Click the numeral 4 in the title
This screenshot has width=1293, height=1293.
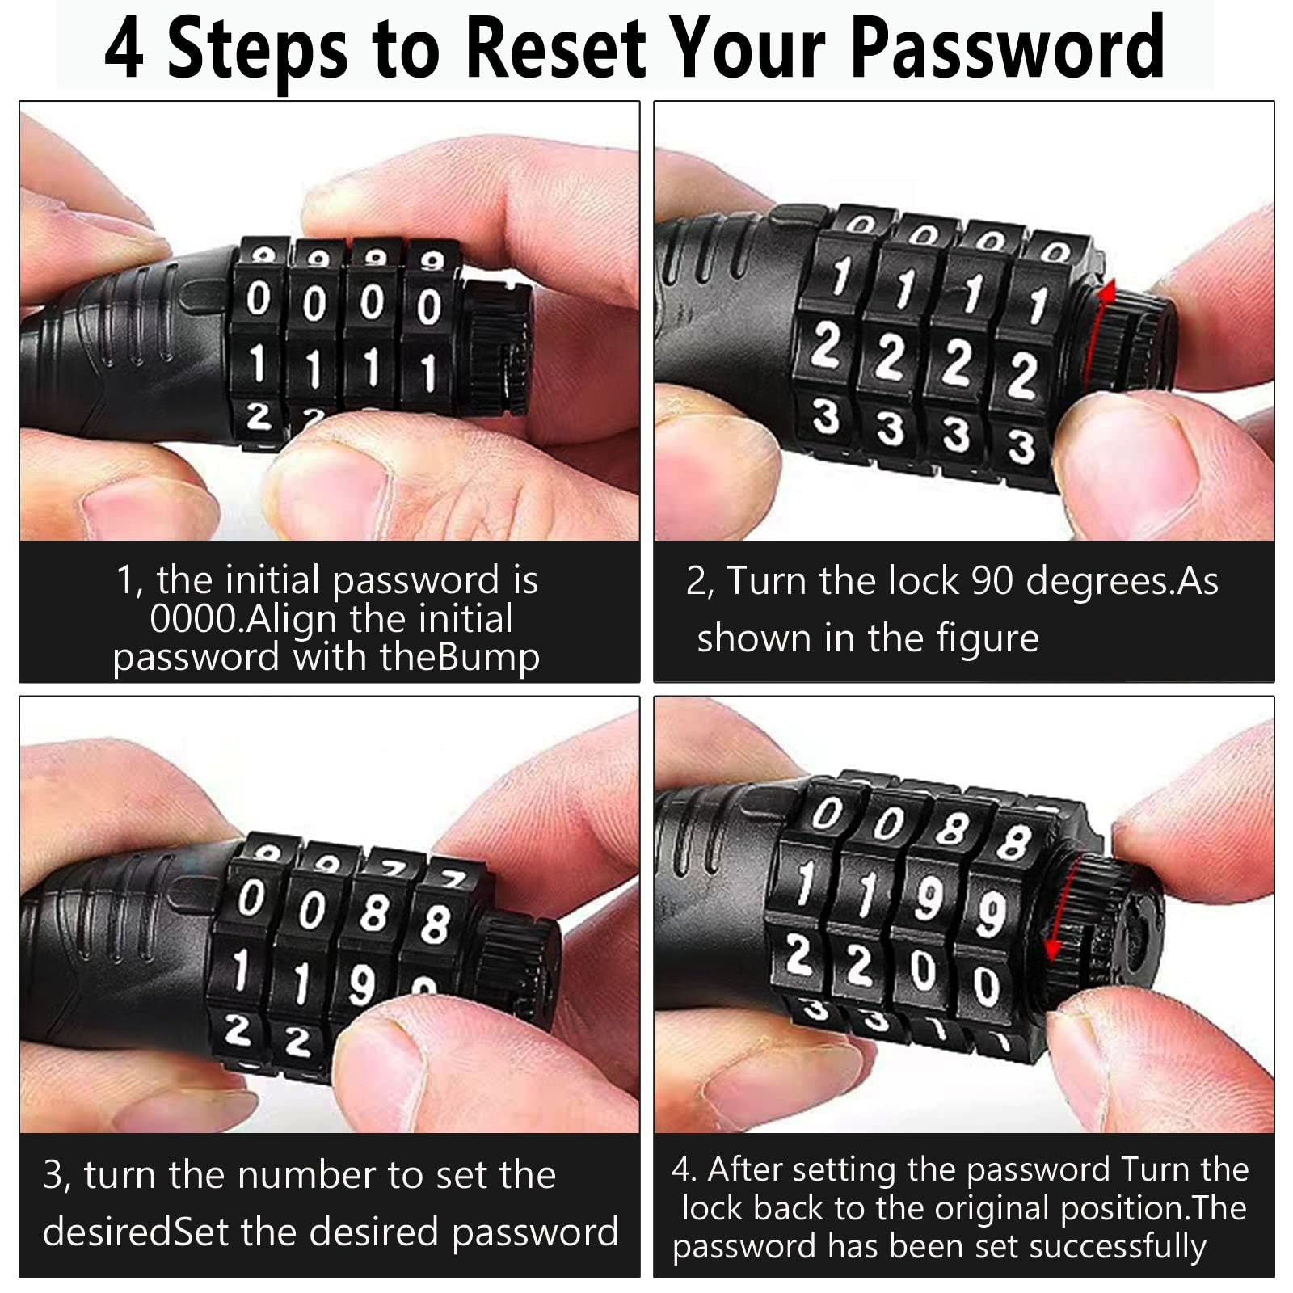[x=124, y=48]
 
